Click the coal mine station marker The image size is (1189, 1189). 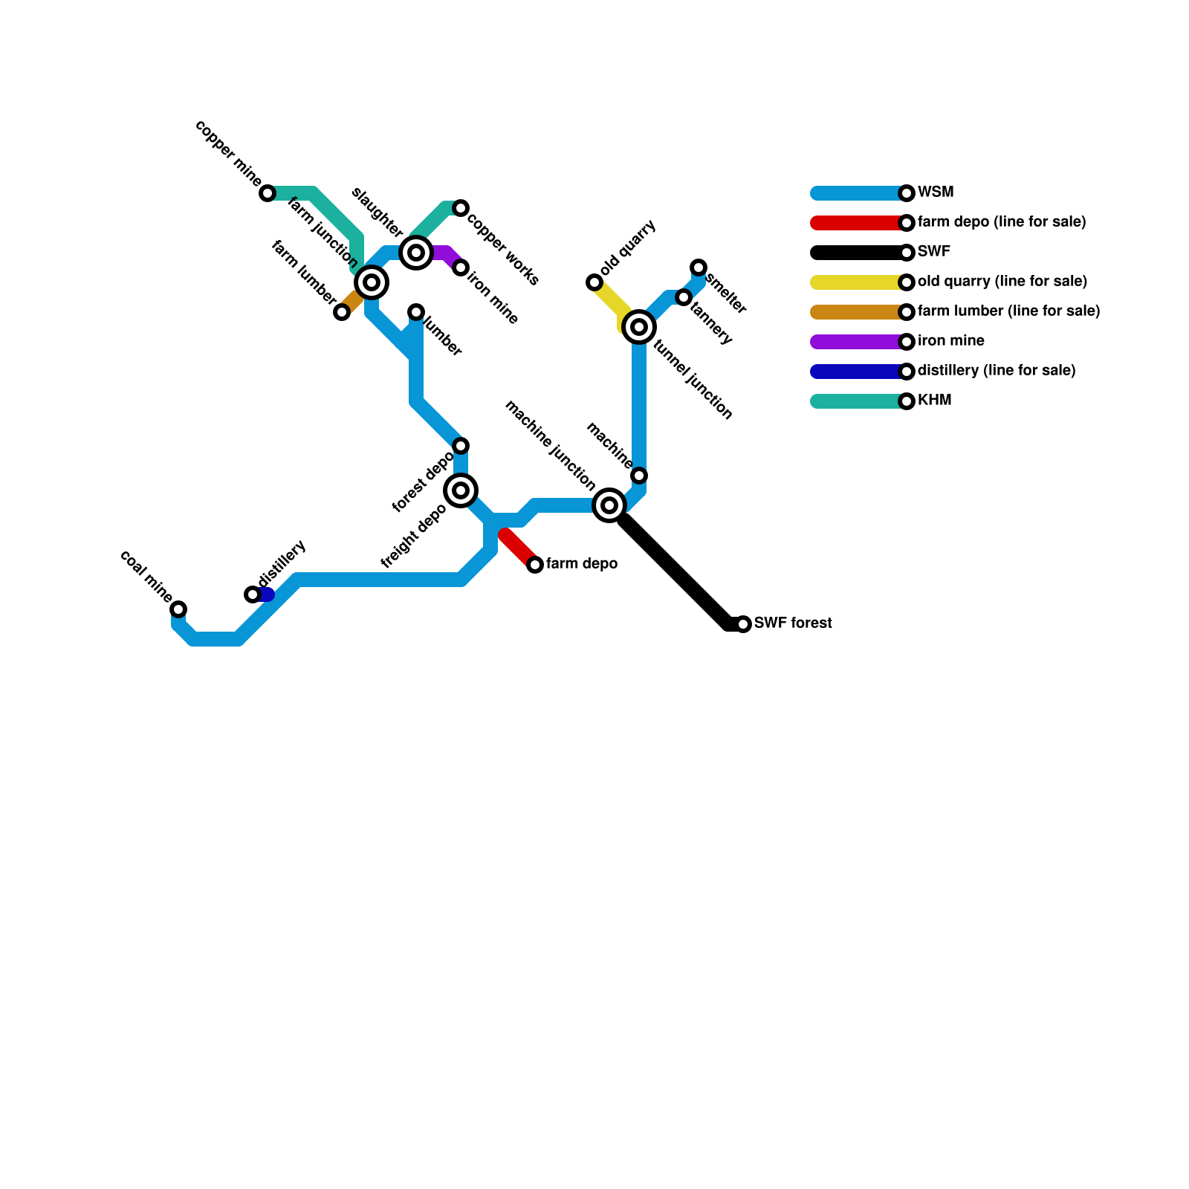178,609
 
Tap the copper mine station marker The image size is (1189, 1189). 268,193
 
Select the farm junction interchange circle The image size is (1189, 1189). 372,282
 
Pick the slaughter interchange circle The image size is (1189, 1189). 416,253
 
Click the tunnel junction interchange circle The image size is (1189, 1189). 639,327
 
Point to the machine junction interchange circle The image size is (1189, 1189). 609,505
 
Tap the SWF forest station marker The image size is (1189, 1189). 743,624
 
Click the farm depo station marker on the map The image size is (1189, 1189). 535,565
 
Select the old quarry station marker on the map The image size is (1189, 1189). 594,282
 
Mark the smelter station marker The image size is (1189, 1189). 699,268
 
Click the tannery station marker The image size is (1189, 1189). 684,297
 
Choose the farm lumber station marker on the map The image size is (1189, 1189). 342,312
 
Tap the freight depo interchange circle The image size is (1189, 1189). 461,490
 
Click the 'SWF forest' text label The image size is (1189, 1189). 793,623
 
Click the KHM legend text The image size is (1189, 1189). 934,401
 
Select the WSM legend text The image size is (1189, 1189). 935,192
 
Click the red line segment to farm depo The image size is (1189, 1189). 519,548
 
